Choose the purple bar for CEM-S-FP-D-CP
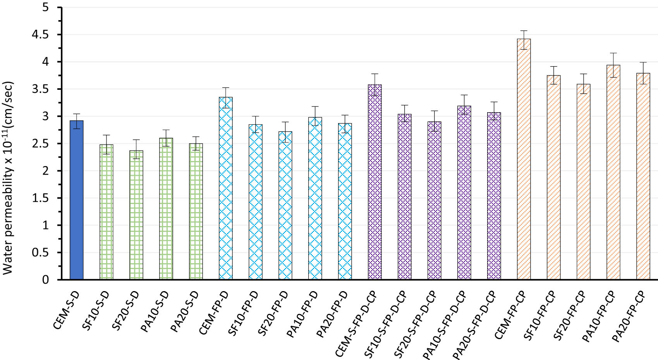(x=375, y=182)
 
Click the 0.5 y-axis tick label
(x=41, y=253)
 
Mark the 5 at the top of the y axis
(x=46, y=7)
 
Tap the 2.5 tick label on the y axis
(x=41, y=144)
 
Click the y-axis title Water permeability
(x=9, y=178)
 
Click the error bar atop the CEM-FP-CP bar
(x=524, y=39)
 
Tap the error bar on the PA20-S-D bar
(x=196, y=143)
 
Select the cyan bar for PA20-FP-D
(x=345, y=201)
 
